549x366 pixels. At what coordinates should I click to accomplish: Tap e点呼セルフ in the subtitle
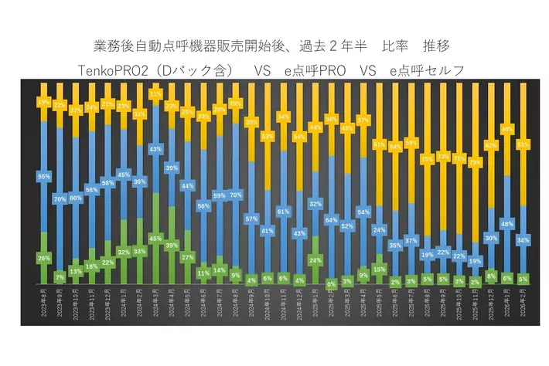[427, 71]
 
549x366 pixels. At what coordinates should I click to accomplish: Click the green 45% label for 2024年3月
[155, 238]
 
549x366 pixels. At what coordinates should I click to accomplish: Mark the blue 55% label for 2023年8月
[43, 177]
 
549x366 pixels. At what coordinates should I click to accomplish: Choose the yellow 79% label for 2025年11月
[475, 163]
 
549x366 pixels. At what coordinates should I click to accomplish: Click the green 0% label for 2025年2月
[331, 283]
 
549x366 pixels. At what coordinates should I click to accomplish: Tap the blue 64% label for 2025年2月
[331, 220]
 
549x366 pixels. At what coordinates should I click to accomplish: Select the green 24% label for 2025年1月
[315, 260]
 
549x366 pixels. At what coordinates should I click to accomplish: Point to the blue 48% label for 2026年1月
[507, 224]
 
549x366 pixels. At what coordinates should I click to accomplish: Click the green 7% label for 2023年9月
[60, 276]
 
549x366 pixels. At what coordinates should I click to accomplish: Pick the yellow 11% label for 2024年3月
[155, 94]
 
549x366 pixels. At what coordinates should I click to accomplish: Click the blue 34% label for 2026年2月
[523, 240]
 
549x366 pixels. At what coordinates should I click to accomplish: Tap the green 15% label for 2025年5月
[379, 269]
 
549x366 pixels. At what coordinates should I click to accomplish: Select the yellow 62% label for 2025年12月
[491, 144]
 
